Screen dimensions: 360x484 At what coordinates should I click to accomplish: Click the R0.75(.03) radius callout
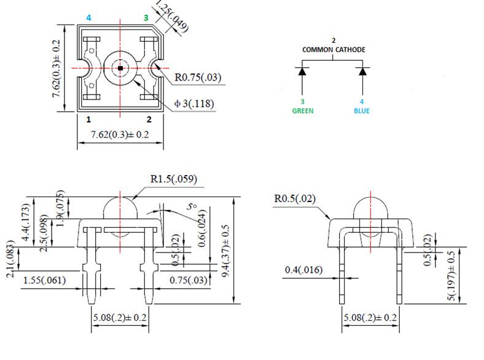click(x=198, y=78)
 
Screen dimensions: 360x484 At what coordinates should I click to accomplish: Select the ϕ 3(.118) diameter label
click(x=194, y=104)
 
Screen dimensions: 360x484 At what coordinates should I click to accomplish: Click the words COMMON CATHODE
click(x=333, y=49)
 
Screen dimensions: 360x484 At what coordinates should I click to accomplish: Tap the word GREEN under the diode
click(x=302, y=111)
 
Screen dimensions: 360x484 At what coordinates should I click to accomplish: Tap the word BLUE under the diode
click(x=362, y=111)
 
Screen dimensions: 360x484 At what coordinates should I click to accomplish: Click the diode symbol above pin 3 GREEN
click(x=302, y=71)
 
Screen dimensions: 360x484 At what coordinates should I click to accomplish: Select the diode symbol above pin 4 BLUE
click(x=362, y=71)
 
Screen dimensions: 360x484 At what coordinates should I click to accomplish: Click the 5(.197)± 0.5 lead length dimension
click(x=453, y=276)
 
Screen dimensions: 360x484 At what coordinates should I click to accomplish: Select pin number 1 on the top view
click(x=90, y=119)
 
